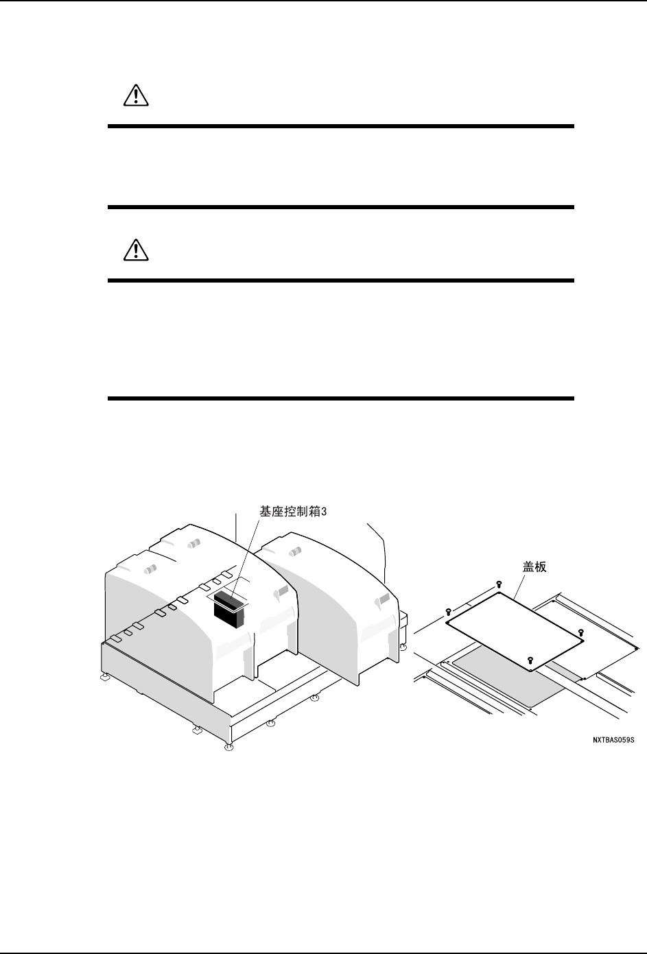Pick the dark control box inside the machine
point(229,609)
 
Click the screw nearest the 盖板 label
point(497,584)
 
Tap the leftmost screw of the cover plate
point(448,610)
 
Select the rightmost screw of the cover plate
point(580,631)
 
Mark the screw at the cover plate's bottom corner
point(530,660)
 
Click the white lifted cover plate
point(515,628)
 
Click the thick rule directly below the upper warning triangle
point(341,126)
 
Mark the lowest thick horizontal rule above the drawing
point(341,398)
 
